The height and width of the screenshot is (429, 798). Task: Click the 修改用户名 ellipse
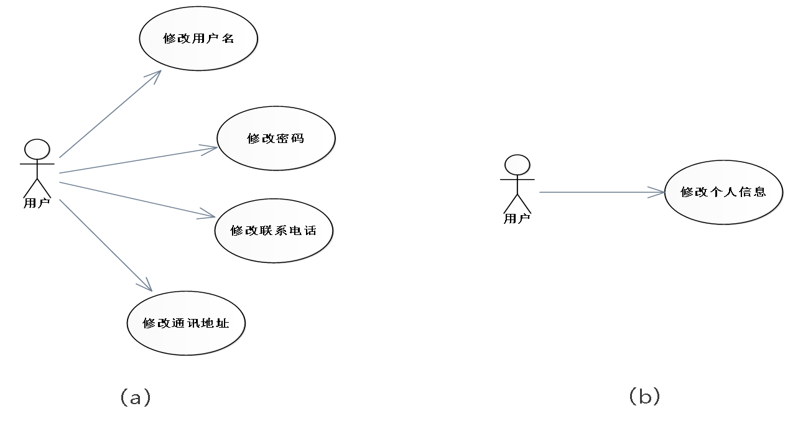click(x=198, y=39)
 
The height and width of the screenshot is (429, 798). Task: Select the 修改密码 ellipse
click(x=276, y=139)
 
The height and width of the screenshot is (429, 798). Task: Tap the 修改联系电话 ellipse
click(x=273, y=231)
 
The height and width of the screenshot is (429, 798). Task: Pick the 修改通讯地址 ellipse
click(x=186, y=323)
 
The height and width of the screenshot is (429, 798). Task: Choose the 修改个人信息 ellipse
click(x=723, y=192)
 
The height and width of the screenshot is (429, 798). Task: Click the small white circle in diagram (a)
click(x=37, y=150)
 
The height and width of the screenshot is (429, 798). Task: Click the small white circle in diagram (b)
click(x=517, y=165)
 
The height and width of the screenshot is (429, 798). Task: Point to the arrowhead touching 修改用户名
click(x=155, y=75)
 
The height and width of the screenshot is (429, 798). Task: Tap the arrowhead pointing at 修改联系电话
click(x=208, y=215)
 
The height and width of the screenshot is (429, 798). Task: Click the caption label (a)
click(x=135, y=397)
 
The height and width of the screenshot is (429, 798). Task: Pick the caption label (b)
click(x=644, y=396)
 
